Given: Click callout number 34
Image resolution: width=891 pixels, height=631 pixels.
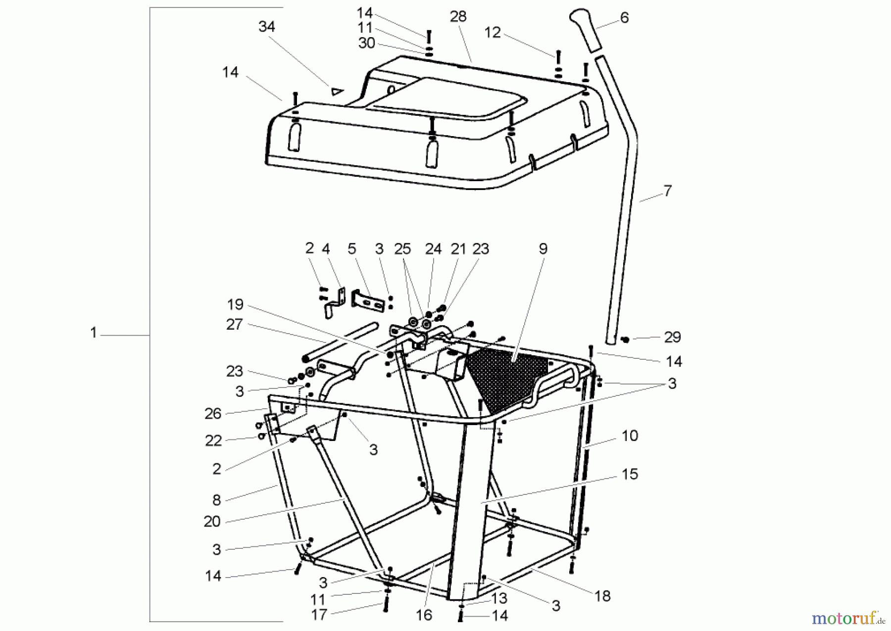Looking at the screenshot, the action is click(266, 27).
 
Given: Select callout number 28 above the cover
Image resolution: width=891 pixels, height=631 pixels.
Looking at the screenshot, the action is click(458, 17).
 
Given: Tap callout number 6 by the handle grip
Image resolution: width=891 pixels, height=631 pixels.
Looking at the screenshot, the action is click(624, 18).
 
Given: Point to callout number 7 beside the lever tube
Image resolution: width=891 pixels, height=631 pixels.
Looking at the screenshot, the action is click(667, 191).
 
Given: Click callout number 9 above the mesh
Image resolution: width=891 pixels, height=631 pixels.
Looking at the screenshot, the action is click(543, 249).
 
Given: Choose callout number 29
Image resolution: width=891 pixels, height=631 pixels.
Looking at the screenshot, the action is click(672, 338).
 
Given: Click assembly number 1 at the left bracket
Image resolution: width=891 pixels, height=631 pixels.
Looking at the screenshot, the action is click(93, 333).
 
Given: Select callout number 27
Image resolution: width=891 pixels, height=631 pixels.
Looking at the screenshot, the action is click(234, 325).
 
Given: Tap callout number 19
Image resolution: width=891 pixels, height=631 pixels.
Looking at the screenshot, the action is click(235, 304).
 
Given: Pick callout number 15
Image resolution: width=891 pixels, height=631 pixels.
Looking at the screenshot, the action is click(630, 474).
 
